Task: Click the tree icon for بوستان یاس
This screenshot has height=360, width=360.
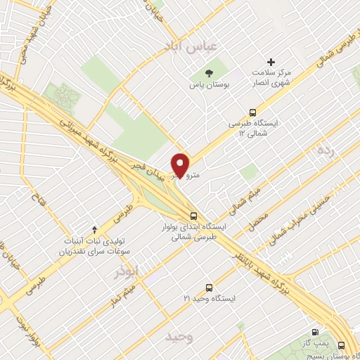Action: [x=208, y=72]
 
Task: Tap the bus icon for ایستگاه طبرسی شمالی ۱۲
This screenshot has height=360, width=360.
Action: [x=253, y=111]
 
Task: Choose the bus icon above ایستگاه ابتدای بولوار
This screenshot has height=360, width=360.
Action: [x=193, y=216]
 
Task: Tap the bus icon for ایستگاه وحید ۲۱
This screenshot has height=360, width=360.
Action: [x=209, y=287]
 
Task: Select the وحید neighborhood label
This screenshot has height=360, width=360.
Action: [x=179, y=337]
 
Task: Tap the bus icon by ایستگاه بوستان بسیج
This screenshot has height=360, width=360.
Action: [x=342, y=345]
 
